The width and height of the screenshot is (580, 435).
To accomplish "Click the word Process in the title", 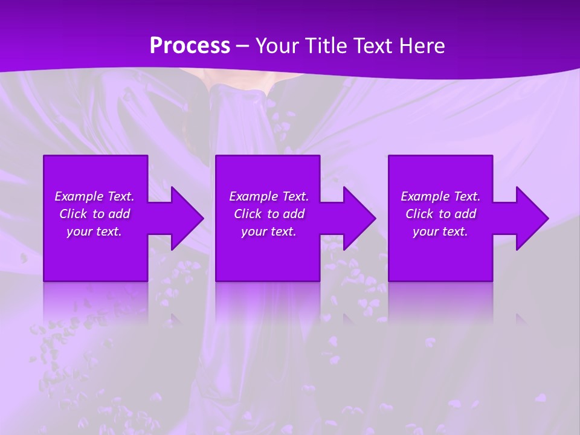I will tap(190, 45).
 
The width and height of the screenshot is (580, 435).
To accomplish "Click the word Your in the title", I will tap(275, 45).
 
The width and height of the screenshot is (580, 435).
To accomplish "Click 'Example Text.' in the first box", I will tap(94, 196).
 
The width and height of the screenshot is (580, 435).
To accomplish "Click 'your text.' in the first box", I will tap(94, 231).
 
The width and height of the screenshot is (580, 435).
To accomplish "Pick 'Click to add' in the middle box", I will tap(269, 214).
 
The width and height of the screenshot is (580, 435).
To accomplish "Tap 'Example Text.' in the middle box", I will tap(269, 196).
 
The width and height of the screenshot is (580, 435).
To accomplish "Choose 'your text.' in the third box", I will tap(440, 231).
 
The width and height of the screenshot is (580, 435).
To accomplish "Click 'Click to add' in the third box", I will tap(440, 214).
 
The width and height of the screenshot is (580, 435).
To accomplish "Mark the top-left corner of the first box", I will tap(44, 156).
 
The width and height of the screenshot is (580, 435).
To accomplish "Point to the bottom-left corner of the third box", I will tap(389, 280).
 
